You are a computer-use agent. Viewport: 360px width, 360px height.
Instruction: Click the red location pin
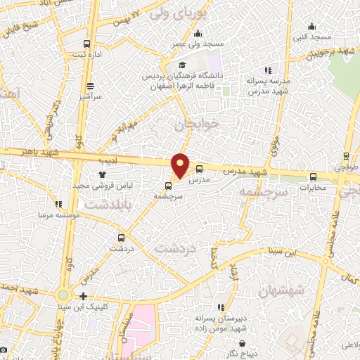(181, 165)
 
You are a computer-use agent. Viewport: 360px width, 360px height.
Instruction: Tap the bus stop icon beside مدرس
(199, 169)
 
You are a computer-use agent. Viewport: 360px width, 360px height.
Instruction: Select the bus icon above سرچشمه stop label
(168, 186)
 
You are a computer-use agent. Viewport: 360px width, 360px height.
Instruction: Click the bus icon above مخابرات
(313, 177)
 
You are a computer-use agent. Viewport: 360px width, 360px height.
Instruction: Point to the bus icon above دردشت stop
(122, 238)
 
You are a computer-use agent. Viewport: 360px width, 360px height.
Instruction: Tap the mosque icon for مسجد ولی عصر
(198, 33)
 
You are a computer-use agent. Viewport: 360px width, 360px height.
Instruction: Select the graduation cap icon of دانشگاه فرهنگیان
(182, 65)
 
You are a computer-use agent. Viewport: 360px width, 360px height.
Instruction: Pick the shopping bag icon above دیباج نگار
(243, 345)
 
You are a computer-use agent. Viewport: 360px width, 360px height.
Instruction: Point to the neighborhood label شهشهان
(281, 290)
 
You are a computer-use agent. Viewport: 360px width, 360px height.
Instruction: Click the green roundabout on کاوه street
(64, 295)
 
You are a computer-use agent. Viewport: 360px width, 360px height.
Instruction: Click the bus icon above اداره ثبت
(87, 43)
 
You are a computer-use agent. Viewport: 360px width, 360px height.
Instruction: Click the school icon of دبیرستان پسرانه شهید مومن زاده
(221, 307)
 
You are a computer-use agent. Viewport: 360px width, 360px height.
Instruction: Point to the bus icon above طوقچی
(345, 156)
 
